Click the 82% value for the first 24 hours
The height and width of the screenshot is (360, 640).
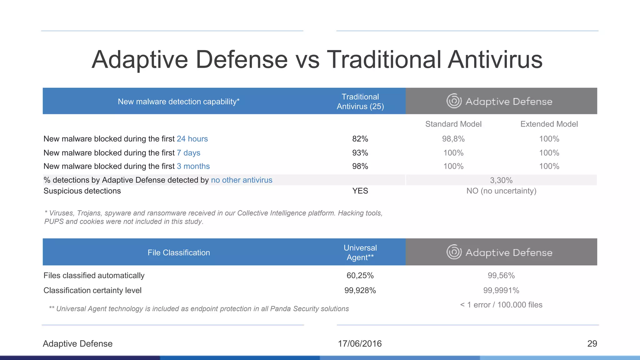360,139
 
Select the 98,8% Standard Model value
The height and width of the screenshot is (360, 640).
453,139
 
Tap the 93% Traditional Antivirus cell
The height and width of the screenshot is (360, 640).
360,153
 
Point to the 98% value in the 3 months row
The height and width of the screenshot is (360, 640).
360,166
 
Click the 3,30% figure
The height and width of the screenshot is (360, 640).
501,180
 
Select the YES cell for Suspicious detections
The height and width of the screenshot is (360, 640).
360,191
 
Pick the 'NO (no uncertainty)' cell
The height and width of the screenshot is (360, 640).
501,191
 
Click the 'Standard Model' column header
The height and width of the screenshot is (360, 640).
453,124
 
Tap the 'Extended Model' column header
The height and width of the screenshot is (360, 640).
549,124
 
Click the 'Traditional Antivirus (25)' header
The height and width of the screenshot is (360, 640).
360,102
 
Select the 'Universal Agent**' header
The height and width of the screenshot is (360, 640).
360,252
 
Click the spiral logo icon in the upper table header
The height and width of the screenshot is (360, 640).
454,101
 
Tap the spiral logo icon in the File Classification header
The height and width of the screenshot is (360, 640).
454,252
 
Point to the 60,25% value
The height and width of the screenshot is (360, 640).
360,276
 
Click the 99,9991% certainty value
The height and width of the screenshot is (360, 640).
501,291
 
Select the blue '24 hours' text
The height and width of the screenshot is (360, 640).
192,139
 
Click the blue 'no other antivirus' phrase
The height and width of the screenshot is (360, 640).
242,180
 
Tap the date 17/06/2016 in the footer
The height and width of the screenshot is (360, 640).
360,344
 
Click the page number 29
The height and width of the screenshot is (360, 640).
592,344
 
